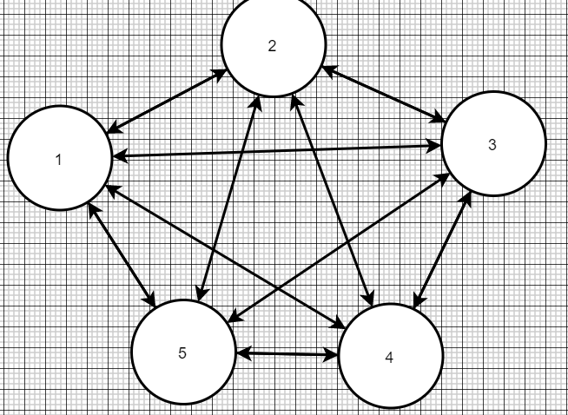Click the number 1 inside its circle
pos(58,160)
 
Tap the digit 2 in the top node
pos(272,46)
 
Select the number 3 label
pos(492,145)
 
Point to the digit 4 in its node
pos(388,359)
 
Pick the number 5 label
pos(182,352)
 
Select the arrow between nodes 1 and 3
pos(278,152)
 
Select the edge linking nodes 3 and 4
pos(444,248)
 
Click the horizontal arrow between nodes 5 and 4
pos(287,354)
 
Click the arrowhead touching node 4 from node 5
pos(333,355)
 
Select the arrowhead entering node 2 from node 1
pos(222,72)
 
